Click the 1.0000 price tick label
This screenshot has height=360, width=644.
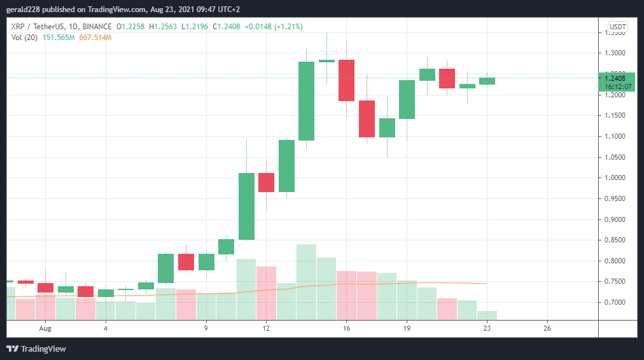coord(616,178)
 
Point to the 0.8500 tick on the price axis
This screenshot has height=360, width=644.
coord(616,240)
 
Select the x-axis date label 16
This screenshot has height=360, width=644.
coord(346,328)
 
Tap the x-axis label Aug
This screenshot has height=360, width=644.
coord(45,328)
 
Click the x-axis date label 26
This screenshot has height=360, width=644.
coord(547,328)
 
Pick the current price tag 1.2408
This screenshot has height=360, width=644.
coord(616,78)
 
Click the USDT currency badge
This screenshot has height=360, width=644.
coord(618,27)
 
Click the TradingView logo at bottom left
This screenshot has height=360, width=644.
coord(36,349)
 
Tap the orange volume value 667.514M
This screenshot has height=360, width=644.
coord(95,38)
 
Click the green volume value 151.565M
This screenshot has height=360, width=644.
coord(59,38)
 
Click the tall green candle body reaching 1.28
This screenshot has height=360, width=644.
coord(306,100)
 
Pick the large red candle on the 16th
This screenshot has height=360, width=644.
coord(346,80)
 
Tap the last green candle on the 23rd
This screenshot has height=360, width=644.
coord(487,81)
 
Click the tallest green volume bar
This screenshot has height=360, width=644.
coord(306,281)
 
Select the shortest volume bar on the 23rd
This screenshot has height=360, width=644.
coord(487,315)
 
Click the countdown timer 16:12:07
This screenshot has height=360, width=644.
coord(618,86)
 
